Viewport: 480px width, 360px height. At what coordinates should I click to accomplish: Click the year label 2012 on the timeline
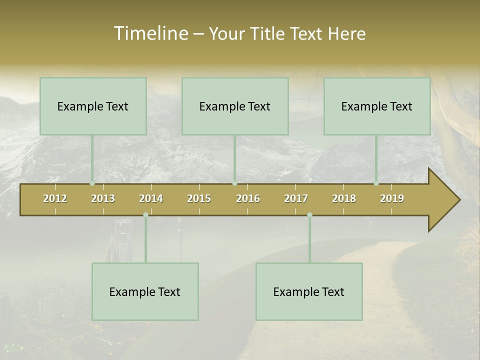(55, 198)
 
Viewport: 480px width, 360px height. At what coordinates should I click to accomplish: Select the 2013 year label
(103, 198)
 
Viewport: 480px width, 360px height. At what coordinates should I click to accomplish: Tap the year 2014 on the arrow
(151, 198)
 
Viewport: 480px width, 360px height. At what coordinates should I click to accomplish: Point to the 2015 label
(199, 198)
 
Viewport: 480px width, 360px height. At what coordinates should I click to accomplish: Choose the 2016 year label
(248, 198)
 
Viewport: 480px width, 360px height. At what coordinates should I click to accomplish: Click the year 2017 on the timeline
(296, 198)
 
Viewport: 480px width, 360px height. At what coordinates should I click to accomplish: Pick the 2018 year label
(344, 198)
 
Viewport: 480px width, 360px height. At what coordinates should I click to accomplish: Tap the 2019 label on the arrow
(392, 198)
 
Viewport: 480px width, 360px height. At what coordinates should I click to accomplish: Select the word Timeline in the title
(150, 33)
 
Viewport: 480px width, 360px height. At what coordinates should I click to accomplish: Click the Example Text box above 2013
(93, 106)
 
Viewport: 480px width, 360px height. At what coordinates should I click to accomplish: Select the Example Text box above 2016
(235, 106)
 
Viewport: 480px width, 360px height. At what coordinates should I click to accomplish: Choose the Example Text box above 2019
(377, 106)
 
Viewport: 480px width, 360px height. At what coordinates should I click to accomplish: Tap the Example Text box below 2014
(145, 292)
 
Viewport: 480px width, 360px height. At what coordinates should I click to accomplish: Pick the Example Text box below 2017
(309, 292)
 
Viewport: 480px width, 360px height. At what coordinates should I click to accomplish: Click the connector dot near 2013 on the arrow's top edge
(92, 183)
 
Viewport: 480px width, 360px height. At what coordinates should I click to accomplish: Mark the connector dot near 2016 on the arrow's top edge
(235, 183)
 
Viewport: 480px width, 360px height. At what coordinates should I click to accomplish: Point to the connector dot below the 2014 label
(145, 215)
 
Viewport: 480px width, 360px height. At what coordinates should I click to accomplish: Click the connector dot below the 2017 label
(309, 215)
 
